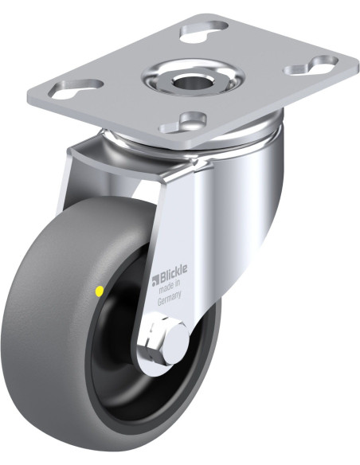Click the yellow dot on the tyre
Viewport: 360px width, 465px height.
pos(100,291)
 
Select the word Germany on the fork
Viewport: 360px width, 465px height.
pos(169,299)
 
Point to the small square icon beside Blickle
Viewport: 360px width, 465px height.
pos(155,281)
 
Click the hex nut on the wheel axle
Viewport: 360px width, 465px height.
pos(155,339)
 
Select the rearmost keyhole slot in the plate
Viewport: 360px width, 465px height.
pos(205,29)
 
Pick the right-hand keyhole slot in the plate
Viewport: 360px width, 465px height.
pos(311,64)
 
